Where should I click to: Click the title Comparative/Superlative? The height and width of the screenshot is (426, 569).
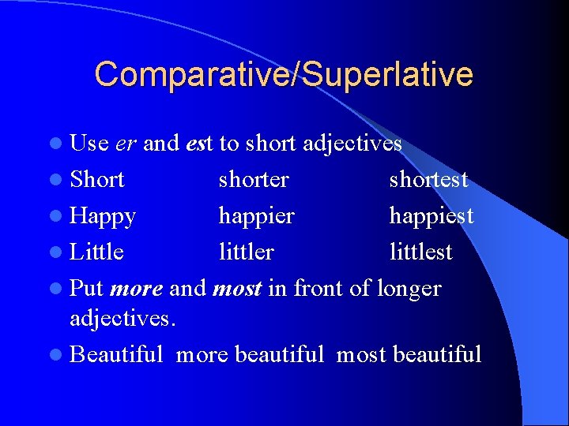tap(284, 74)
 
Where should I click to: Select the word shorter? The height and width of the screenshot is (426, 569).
tap(254, 180)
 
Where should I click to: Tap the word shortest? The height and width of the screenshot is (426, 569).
tap(428, 180)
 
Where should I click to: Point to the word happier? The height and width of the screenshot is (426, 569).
tap(256, 216)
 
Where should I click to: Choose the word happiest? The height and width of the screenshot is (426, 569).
tap(431, 216)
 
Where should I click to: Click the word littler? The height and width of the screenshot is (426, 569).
tap(246, 252)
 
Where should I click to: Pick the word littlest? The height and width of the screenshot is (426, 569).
tap(420, 252)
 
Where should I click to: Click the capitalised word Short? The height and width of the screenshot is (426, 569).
tap(97, 180)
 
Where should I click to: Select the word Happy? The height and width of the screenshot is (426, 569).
tap(103, 216)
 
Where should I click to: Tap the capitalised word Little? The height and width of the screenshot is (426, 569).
tap(96, 252)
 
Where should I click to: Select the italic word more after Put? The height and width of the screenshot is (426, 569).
tap(137, 289)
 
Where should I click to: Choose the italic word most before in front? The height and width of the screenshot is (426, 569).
tap(237, 289)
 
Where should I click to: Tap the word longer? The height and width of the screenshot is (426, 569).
tap(409, 289)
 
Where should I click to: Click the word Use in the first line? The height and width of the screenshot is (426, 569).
tap(89, 144)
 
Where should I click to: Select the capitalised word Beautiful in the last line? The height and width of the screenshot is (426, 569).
tap(116, 354)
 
